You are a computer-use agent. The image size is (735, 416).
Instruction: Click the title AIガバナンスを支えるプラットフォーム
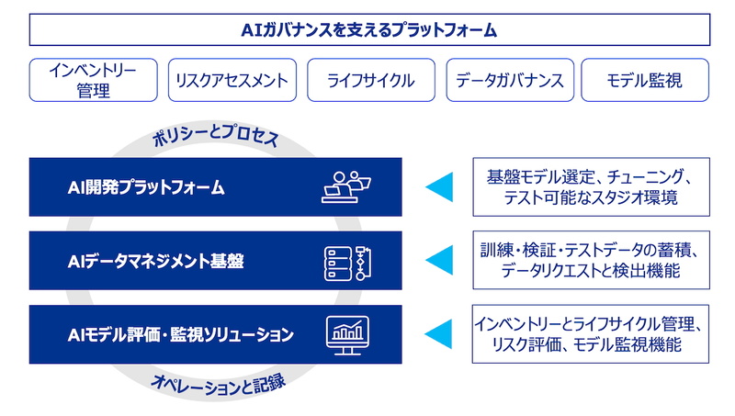pos(369,30)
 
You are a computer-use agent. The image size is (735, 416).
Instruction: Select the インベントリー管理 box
pos(94,80)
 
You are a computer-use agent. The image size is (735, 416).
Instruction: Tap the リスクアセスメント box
pos(232,80)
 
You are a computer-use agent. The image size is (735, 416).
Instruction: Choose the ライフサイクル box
pos(371,80)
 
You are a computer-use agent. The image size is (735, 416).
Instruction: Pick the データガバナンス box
pos(510,80)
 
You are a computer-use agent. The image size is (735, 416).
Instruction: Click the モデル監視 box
pos(645,80)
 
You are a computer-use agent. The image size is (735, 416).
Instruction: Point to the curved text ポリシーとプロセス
pos(216,135)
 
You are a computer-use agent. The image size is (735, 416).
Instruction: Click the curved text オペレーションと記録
pos(218,384)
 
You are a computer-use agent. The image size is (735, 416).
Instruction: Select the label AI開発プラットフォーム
pos(146,187)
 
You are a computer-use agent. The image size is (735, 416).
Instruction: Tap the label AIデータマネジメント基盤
pos(155,261)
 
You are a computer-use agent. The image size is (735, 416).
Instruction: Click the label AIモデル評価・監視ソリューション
pos(180,334)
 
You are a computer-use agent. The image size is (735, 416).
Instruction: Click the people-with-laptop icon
pos(346,187)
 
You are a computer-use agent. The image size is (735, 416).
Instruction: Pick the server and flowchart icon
pos(347,264)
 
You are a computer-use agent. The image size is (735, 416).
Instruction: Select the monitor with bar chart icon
pos(347,335)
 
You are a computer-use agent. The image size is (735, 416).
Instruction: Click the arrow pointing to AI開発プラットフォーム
pos(439,187)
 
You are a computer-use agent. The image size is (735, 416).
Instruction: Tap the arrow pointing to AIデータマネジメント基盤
pos(439,260)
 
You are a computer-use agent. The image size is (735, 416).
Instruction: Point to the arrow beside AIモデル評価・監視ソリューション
pos(439,334)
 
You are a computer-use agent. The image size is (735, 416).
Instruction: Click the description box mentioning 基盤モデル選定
pos(591,187)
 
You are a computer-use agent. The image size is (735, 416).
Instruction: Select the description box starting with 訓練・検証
pos(591,260)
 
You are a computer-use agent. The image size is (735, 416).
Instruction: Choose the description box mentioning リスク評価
pos(591,334)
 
